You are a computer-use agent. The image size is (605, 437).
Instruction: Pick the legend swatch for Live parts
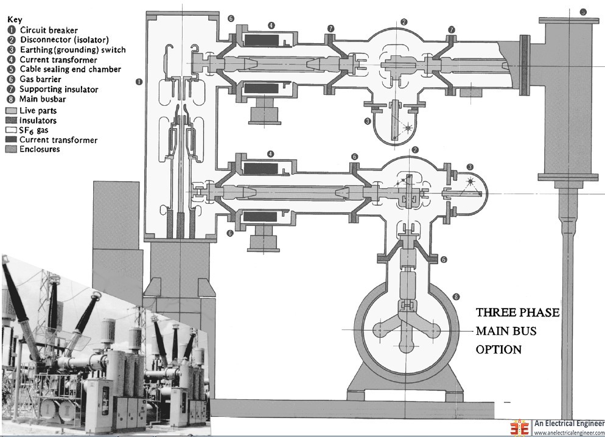point(12,110)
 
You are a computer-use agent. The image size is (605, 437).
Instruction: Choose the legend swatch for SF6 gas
point(12,130)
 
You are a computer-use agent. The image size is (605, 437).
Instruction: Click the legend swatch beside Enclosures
point(12,150)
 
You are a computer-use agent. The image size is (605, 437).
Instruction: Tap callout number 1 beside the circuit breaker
point(139,81)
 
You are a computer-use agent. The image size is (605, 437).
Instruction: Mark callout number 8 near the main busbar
point(456,296)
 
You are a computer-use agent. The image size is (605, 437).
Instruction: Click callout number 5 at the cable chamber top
point(583,12)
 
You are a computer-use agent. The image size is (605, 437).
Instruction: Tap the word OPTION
point(498,349)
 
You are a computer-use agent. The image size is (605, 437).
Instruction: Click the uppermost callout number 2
point(404,22)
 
